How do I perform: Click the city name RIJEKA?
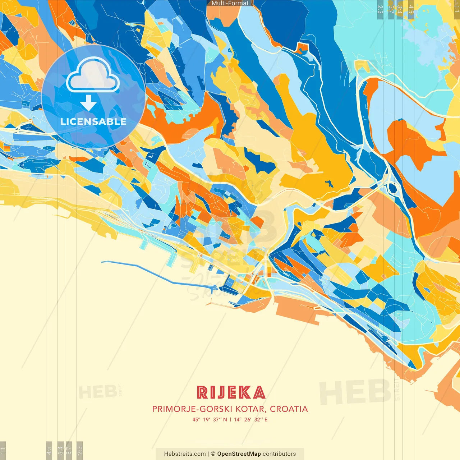pyautogui.click(x=231, y=392)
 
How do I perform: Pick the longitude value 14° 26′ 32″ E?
pyautogui.click(x=251, y=419)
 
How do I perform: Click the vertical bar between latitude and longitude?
pyautogui.click(x=230, y=419)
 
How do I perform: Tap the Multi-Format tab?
pyautogui.click(x=230, y=3)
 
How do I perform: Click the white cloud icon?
pyautogui.click(x=93, y=77)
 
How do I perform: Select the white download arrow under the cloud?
pyautogui.click(x=88, y=103)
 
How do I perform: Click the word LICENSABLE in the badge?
pyautogui.click(x=93, y=121)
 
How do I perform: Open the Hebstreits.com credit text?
pyautogui.click(x=185, y=454)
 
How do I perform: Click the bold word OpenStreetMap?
pyautogui.click(x=239, y=454)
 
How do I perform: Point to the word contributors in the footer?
pyautogui.click(x=279, y=454)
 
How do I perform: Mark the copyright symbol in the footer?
pyautogui.click(x=213, y=454)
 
